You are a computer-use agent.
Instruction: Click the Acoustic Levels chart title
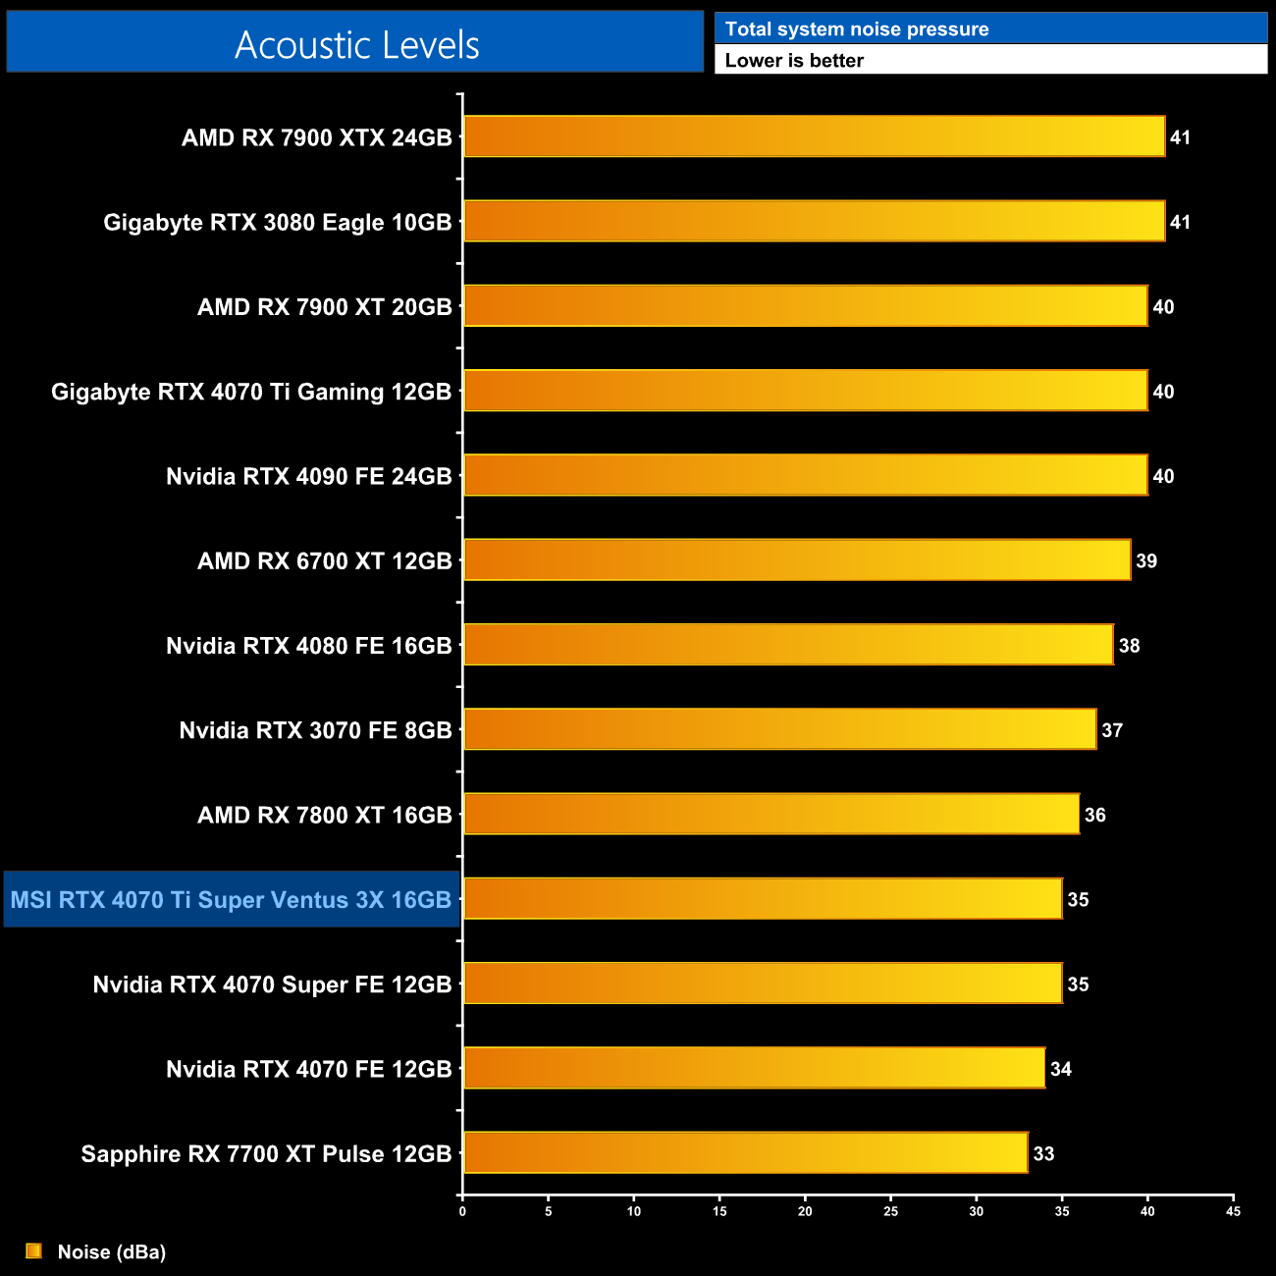[356, 44]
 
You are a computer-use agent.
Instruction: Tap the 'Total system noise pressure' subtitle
[856, 29]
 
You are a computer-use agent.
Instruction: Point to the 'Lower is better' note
[794, 61]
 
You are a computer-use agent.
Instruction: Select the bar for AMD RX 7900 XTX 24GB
[814, 136]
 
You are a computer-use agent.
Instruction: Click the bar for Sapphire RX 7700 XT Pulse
[745, 1152]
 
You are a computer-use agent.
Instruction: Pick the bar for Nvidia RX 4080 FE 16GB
[788, 645]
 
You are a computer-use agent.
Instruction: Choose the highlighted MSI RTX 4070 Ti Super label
[232, 899]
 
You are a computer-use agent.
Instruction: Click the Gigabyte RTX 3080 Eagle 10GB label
[278, 223]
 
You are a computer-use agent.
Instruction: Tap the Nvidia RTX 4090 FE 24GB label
[308, 476]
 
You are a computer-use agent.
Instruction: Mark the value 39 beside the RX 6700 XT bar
[1146, 561]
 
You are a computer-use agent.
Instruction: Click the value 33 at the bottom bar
[1043, 1154]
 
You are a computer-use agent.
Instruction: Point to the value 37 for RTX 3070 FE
[1112, 730]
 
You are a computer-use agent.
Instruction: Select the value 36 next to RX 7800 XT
[1094, 815]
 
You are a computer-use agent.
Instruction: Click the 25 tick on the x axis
[890, 1211]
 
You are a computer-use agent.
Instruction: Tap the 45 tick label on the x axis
[1233, 1211]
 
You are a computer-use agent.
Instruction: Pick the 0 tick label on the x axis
[462, 1211]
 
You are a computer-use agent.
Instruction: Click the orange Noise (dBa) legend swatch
[33, 1250]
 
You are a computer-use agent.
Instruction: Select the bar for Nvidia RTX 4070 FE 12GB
[754, 1068]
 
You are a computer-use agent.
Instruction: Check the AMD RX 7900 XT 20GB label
[324, 307]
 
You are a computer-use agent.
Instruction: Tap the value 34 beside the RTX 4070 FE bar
[1061, 1070]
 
